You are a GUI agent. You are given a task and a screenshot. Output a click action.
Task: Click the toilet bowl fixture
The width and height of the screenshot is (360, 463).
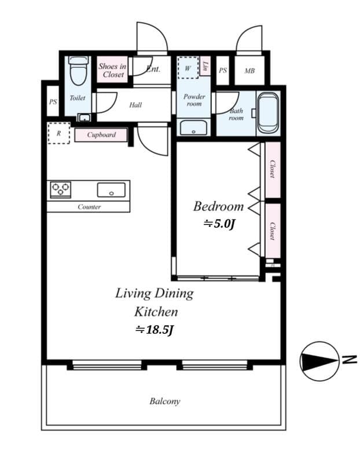coord(78,72)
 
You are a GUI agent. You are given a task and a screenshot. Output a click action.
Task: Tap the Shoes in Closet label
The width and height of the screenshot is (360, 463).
coord(112,71)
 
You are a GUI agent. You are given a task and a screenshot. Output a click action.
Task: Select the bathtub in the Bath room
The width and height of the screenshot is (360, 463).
coord(267,112)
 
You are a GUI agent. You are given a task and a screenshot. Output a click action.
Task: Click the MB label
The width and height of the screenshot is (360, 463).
coord(249,71)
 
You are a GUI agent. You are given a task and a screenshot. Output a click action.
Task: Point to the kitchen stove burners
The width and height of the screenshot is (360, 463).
coord(60,189)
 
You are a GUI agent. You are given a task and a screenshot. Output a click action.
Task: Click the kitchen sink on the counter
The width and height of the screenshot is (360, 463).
coord(111,189)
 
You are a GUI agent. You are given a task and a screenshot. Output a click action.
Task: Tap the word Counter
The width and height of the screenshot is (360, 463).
coord(89,207)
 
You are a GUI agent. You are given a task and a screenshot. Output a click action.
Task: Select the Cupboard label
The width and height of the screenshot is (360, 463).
coord(101,135)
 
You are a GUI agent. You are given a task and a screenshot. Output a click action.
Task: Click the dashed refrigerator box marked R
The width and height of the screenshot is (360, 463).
coord(58,133)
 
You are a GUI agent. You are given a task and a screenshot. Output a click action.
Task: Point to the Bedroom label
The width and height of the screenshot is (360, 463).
coord(218,207)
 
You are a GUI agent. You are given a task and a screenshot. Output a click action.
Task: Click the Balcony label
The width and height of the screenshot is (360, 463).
coord(164,401)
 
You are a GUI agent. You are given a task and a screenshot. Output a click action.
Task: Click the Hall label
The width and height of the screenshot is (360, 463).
coord(135,105)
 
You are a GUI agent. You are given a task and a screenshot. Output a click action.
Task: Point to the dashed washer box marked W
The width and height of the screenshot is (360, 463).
coord(188,68)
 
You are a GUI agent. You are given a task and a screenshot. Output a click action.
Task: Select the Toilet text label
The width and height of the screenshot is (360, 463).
coord(78,98)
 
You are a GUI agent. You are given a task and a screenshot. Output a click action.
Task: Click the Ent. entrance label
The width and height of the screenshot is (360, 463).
coord(153,69)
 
